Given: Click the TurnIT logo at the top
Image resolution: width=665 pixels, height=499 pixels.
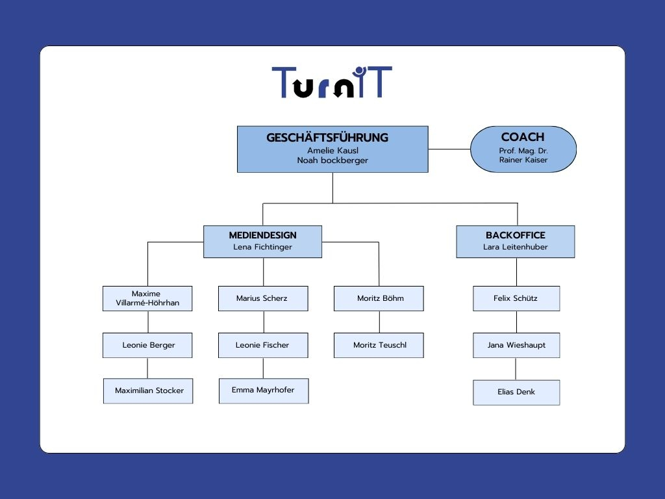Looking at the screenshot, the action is [x=332, y=82].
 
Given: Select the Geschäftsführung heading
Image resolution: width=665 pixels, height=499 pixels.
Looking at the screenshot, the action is [x=327, y=138].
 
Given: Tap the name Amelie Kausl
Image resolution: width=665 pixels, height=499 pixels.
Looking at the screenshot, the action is [x=333, y=151].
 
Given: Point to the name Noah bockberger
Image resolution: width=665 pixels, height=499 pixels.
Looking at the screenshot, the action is [x=332, y=160].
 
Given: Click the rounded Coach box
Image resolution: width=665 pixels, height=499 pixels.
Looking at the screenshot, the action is [x=523, y=149].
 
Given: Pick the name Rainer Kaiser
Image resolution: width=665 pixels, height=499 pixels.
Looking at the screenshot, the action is [x=523, y=160].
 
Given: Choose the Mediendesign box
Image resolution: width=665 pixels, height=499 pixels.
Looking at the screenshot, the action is [x=262, y=242].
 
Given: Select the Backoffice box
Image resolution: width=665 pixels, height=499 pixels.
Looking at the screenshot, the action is [x=515, y=242].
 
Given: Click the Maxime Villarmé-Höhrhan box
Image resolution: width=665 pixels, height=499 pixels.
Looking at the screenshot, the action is [x=147, y=298].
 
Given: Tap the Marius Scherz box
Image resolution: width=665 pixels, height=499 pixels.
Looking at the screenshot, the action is [x=263, y=298].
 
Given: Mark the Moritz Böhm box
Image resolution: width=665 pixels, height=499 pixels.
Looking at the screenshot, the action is [x=379, y=298].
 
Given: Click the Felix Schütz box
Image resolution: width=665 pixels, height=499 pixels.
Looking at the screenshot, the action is [x=516, y=298].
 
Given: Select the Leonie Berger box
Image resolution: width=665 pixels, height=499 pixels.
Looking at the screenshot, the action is [x=147, y=345].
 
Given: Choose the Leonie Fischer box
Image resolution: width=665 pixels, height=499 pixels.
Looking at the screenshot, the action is [x=263, y=345].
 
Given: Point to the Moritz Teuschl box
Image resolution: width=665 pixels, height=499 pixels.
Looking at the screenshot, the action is [x=379, y=345].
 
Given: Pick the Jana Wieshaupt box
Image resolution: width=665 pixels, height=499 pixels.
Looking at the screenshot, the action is [x=516, y=345].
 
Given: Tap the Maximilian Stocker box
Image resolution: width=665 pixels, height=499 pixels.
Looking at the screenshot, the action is [x=148, y=390].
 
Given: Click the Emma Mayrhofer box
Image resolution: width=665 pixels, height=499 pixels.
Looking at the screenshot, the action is [x=264, y=390].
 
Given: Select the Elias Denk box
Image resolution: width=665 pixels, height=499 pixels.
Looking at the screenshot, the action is [x=516, y=392].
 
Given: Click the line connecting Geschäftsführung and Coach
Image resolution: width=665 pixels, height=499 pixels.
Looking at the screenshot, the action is [x=449, y=149].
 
